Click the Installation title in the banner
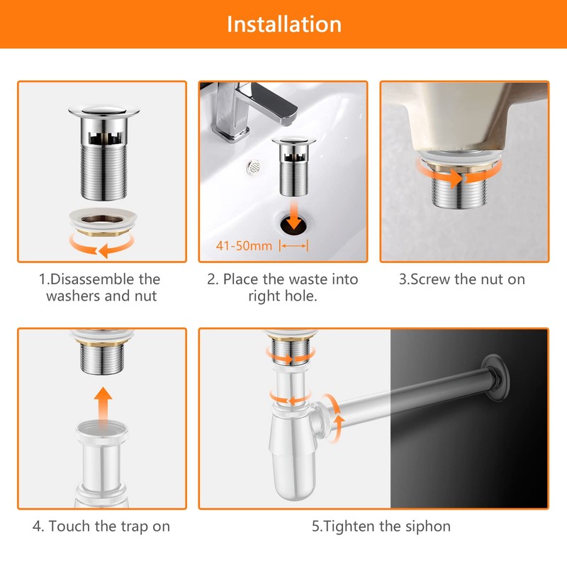(283, 23)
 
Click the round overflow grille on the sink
(252, 168)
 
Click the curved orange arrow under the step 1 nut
(103, 247)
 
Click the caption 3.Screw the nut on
(461, 279)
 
